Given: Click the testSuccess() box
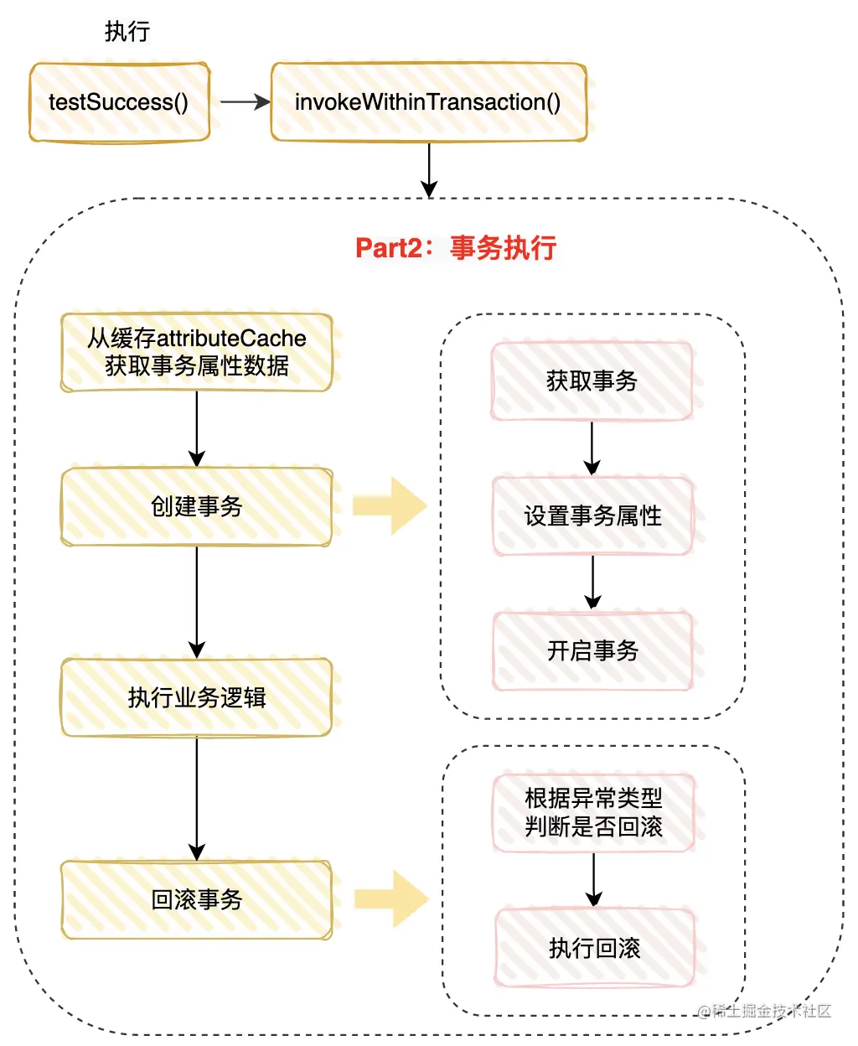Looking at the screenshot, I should click(x=119, y=102).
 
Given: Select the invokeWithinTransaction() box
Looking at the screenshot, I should click(x=428, y=102).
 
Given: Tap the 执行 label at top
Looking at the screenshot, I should click(x=127, y=32).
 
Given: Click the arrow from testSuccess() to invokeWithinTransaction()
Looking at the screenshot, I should click(x=244, y=102).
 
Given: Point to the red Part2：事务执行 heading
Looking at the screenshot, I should click(x=456, y=248).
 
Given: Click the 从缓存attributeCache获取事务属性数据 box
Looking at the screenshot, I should click(x=197, y=352).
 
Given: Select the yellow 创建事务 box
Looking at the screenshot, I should click(x=197, y=506).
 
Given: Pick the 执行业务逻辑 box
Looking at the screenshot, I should click(x=197, y=697).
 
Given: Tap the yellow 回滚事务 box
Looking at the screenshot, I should click(x=197, y=899).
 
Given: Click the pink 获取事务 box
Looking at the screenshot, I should click(x=592, y=381).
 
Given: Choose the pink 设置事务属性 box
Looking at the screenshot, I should click(x=592, y=515).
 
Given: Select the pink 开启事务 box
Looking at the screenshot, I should click(x=592, y=650).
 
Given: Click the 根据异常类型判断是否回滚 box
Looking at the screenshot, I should click(x=593, y=813).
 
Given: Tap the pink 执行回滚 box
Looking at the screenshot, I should click(x=594, y=948).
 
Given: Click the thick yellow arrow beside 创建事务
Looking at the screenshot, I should click(x=390, y=506).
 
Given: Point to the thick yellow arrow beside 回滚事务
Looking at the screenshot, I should click(x=391, y=899).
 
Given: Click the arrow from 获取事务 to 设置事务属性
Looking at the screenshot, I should click(x=592, y=448).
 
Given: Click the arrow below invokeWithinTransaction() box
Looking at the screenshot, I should click(x=429, y=170).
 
